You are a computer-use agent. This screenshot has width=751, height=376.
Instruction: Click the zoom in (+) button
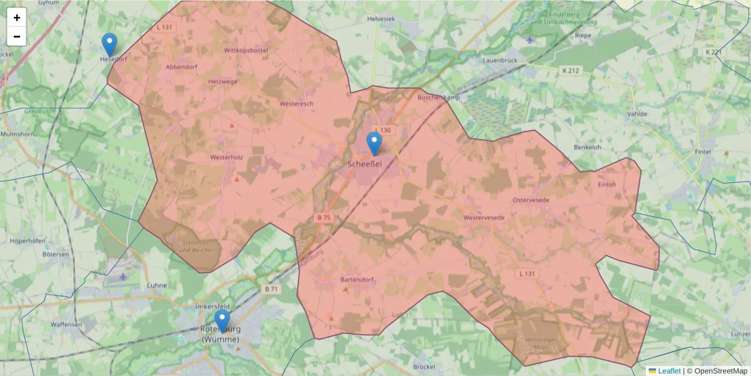[17, 18]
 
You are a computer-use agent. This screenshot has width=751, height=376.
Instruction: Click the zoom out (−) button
[17, 36]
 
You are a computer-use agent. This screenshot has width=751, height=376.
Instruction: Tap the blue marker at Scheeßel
[374, 144]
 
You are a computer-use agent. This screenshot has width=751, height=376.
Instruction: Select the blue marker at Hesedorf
[110, 44]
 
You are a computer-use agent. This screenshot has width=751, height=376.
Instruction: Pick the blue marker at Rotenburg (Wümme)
[222, 320]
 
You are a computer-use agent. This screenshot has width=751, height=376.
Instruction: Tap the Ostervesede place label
[531, 199]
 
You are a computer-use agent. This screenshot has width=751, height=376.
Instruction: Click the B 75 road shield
[324, 217]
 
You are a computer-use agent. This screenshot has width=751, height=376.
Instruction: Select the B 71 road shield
[271, 289]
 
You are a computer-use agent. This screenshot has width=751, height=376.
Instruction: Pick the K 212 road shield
[570, 71]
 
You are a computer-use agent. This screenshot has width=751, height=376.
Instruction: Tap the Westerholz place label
[227, 157]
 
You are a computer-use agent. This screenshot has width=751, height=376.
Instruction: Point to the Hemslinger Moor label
[537, 343]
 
